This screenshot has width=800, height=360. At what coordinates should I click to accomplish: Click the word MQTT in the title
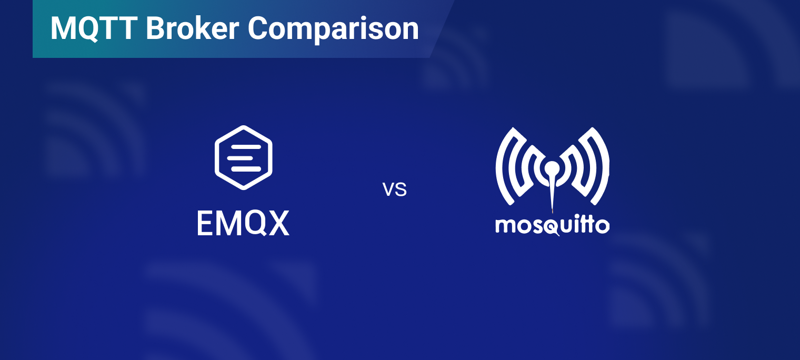(94, 28)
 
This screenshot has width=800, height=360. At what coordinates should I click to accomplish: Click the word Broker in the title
(193, 28)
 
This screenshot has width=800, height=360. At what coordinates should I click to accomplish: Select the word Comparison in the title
(333, 30)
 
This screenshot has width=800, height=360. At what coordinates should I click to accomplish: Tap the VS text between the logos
(395, 189)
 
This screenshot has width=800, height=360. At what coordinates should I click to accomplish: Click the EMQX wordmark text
(243, 223)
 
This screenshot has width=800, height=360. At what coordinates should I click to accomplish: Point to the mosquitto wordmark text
(552, 225)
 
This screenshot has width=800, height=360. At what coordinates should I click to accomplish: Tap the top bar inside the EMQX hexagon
(246, 147)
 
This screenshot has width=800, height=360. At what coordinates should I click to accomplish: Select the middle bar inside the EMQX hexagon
(240, 158)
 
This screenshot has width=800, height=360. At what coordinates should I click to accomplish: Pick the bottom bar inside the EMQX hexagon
(246, 169)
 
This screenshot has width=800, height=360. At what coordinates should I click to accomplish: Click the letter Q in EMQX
(253, 224)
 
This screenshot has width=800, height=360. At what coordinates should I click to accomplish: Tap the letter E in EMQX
(204, 223)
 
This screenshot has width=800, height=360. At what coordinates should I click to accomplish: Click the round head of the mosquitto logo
(552, 168)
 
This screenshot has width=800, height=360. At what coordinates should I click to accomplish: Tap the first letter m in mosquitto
(504, 226)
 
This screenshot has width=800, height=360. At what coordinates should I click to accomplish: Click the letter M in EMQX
(227, 223)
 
